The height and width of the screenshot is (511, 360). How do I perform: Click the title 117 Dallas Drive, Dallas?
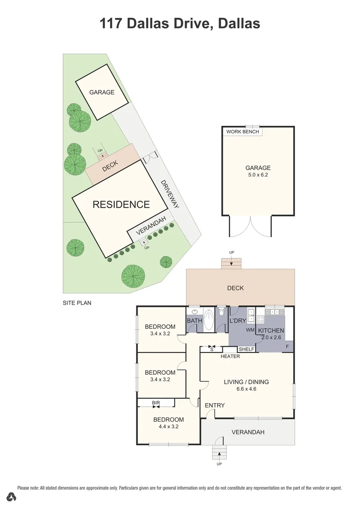180,23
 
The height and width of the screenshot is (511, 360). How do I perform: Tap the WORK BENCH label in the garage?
243,132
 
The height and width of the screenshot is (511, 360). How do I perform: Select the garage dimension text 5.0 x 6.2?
258,175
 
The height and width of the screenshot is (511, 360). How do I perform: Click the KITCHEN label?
271,330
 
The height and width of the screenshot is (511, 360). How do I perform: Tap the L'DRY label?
237,321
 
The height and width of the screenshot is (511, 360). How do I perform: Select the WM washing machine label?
250,329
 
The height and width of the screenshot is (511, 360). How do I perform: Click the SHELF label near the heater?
246,350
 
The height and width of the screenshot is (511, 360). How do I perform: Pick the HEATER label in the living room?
230,356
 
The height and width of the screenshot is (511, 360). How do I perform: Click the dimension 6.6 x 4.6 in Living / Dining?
246,389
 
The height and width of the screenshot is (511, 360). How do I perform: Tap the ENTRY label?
214,405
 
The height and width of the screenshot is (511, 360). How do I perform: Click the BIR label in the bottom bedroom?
156,403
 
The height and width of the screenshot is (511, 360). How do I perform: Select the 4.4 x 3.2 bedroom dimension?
168,427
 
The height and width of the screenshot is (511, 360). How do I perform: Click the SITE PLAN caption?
77,302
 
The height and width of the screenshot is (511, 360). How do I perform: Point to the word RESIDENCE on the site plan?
121,204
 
